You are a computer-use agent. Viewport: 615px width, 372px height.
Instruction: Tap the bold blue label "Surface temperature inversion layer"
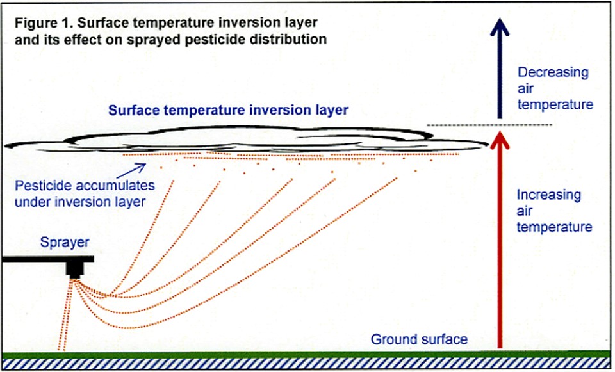(x=229, y=110)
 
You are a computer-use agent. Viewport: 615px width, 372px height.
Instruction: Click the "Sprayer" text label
(x=65, y=243)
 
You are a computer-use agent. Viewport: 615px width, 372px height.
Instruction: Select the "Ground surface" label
(x=420, y=339)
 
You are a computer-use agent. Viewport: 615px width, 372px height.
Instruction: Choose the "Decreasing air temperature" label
(x=553, y=88)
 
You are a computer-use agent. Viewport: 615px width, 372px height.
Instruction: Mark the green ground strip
(x=307, y=353)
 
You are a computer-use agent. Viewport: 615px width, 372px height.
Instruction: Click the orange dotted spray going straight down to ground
(x=67, y=320)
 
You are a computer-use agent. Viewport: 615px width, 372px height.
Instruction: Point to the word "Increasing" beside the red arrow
(x=548, y=195)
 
